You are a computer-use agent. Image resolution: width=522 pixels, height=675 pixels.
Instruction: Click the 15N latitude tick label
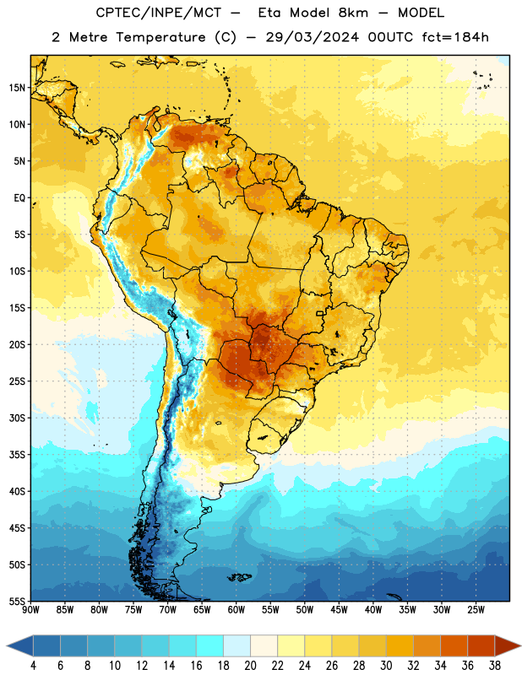click(x=17, y=88)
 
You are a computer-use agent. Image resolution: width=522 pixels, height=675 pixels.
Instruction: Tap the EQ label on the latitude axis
click(x=19, y=198)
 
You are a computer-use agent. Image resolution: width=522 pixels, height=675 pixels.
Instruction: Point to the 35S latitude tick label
click(x=17, y=455)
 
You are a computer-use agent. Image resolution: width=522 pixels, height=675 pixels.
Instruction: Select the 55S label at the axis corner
click(x=17, y=601)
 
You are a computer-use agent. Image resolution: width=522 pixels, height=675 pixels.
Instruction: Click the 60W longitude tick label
click(x=237, y=610)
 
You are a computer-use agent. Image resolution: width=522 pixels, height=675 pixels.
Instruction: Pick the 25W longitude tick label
click(x=476, y=610)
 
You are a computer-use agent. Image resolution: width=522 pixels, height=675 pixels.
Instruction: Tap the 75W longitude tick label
click(x=133, y=610)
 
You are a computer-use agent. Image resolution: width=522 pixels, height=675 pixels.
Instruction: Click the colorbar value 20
click(x=250, y=666)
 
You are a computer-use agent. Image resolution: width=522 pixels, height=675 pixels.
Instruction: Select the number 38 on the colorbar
click(x=494, y=666)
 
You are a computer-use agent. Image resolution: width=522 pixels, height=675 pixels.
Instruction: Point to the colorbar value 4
click(x=33, y=666)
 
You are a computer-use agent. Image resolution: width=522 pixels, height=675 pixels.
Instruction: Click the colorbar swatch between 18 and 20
click(x=237, y=645)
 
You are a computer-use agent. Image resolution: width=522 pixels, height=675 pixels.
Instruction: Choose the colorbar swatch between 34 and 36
click(x=454, y=645)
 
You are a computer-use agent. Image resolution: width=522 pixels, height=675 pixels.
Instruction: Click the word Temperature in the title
click(x=160, y=37)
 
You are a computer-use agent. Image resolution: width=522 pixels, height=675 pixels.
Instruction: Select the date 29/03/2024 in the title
click(x=312, y=37)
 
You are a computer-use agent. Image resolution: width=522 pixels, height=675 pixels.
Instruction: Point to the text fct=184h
click(x=455, y=37)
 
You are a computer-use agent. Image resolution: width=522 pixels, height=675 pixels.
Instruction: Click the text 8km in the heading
click(x=353, y=13)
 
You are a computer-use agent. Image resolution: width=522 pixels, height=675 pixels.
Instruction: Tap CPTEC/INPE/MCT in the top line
click(x=158, y=13)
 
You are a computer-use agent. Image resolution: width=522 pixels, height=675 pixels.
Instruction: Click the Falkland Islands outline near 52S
click(x=239, y=577)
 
